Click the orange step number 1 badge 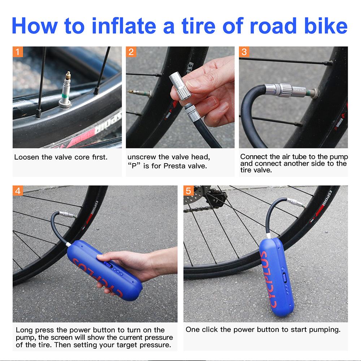point(18,52)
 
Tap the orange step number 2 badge point(131,52)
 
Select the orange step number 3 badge point(244,52)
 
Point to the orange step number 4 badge point(18,191)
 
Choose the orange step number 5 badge point(188,191)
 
